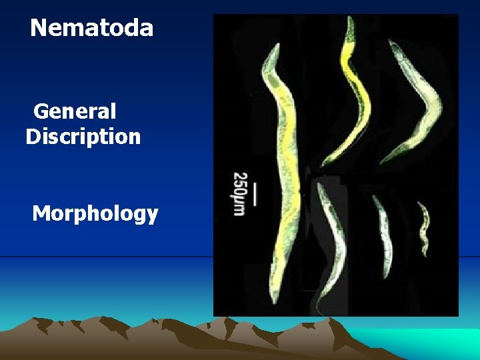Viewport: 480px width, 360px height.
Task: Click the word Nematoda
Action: (91, 28)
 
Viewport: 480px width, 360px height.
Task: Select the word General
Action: (75, 111)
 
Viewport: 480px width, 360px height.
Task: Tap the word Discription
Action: (83, 137)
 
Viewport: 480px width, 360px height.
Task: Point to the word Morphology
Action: (95, 214)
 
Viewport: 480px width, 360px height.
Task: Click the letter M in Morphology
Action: (42, 214)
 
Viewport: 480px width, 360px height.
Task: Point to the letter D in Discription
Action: (33, 137)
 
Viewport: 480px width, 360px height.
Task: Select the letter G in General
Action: (41, 111)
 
